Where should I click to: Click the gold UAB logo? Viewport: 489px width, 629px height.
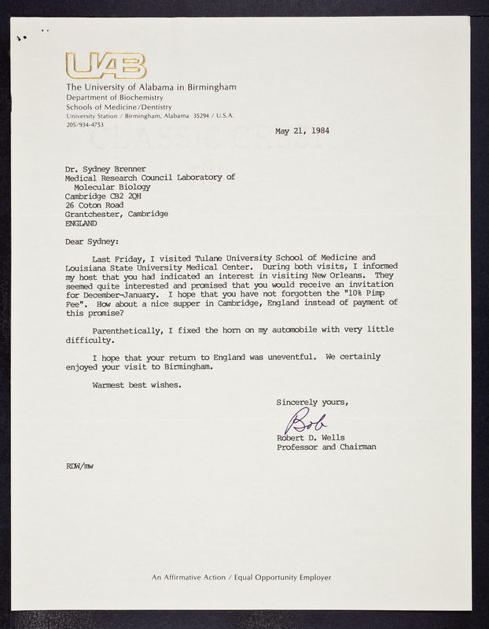coord(105,65)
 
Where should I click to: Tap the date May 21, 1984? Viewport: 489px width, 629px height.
coord(302,131)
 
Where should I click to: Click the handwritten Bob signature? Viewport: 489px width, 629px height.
coord(305,421)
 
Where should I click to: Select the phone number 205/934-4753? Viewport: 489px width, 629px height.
coord(85,124)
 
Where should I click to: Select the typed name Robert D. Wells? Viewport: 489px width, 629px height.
coord(311,437)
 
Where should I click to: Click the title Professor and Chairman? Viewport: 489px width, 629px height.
coord(326,447)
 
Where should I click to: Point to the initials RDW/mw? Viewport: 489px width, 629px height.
coord(80,466)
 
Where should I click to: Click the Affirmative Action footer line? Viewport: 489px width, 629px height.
coord(241,577)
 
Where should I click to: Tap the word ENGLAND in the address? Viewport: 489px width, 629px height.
coord(82,223)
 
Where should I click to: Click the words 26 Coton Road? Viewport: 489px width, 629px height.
coord(94,205)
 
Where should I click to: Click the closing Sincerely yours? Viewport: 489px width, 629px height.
coord(312,403)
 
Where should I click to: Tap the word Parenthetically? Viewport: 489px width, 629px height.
coord(130,329)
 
